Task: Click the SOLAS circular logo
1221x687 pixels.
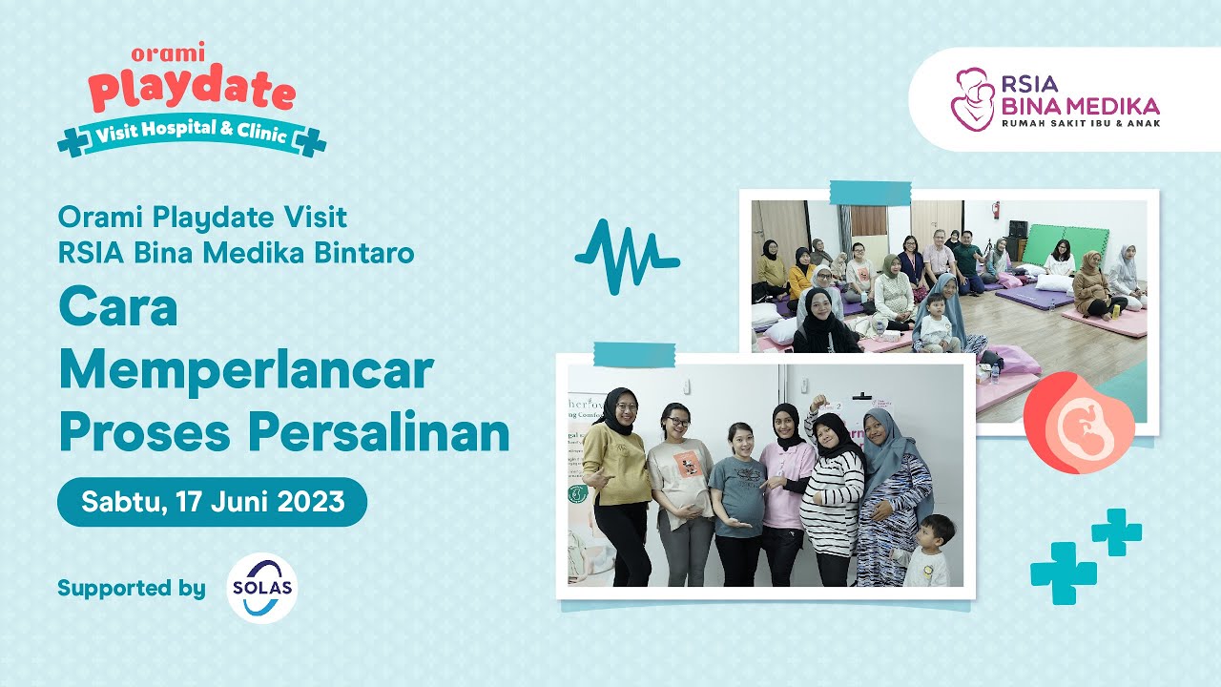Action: coord(262,589)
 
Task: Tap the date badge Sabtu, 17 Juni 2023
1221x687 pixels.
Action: coord(212,502)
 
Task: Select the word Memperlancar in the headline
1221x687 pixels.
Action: coord(246,370)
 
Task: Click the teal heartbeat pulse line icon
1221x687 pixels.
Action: coord(627,256)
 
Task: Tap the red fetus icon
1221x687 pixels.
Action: coord(1078,422)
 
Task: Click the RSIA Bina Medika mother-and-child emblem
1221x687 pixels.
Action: coord(973,99)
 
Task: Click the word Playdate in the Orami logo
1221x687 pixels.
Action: coord(192,93)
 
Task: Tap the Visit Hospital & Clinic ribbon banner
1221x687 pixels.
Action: coord(192,135)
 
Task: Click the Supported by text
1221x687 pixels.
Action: coord(131,589)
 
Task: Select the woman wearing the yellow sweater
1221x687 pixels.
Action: coord(617,487)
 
